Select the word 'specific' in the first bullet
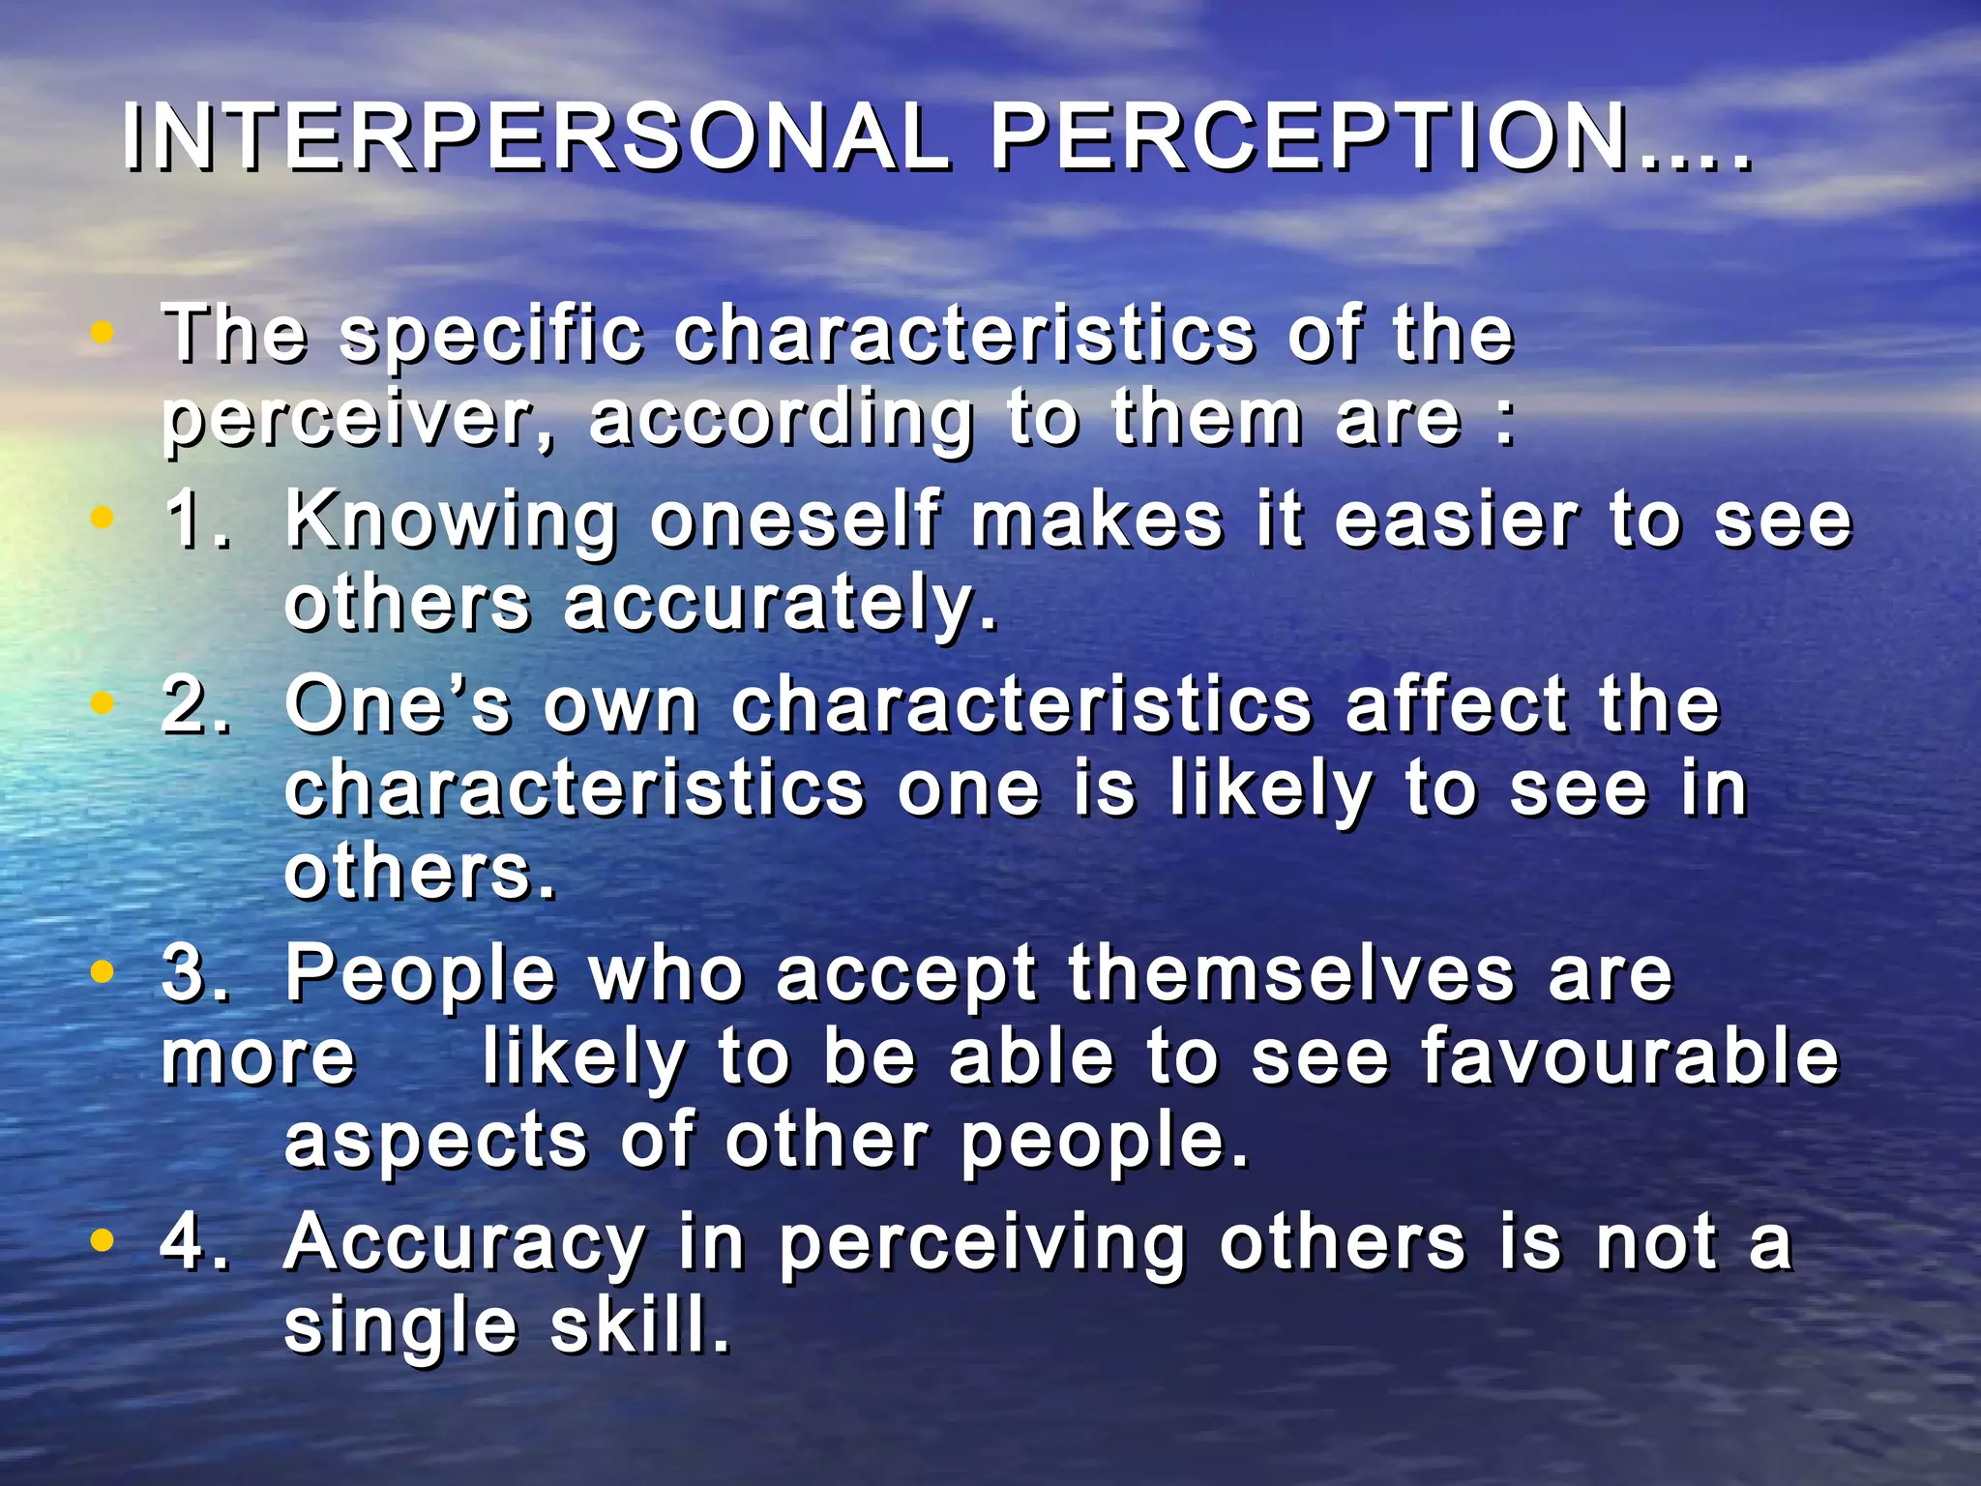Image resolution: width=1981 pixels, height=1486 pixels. coord(491,336)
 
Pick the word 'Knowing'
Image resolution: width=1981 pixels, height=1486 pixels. coord(452,520)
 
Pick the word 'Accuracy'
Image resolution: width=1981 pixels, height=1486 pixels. coord(465,1242)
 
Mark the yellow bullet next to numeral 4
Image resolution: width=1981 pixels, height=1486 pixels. coord(102,1239)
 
